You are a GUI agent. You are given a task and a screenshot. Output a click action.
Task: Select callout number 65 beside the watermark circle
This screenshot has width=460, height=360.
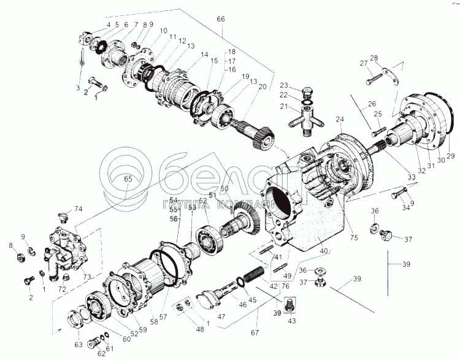click(x=128, y=179)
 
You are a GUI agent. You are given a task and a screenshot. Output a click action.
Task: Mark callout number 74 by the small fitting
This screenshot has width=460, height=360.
click(x=78, y=209)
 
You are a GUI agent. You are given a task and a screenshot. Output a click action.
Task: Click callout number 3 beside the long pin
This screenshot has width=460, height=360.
click(x=78, y=88)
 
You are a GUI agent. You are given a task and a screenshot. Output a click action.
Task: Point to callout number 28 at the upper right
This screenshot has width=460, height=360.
click(x=374, y=59)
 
